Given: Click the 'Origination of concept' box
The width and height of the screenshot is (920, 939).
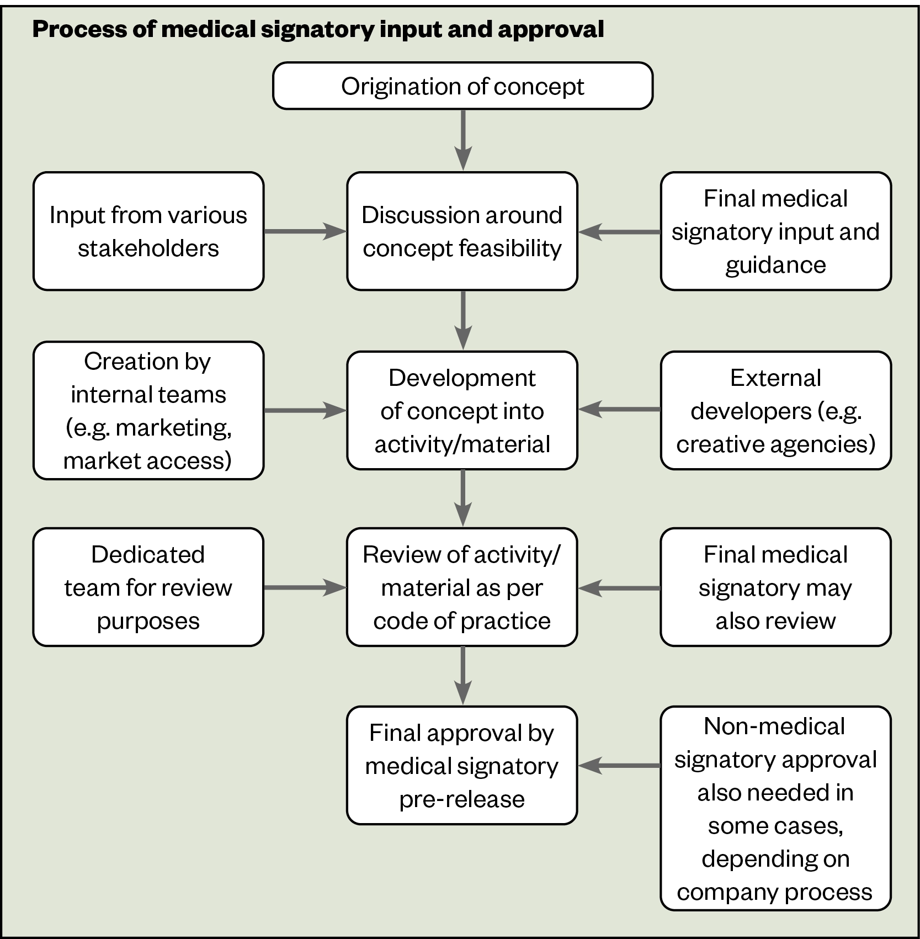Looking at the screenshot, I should pos(462,86).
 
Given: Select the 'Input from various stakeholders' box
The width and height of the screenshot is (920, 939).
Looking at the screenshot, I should pos(148,231).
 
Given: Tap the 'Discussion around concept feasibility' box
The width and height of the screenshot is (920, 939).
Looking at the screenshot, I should pos(462,231).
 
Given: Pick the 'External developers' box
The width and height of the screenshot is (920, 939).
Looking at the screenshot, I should pos(775,411).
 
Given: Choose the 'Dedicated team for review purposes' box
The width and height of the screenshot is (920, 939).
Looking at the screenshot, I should pos(148,587).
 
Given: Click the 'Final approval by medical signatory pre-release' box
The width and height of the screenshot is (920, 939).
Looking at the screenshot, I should pos(462,766).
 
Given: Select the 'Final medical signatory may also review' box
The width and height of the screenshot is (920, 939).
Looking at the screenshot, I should pos(775,587).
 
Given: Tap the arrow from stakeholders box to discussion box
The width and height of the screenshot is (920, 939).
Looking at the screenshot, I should pos(305,231).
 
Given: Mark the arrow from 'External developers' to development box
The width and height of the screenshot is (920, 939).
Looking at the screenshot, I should pos(619,410).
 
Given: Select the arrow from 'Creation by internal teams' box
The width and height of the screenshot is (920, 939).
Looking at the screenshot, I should pos(305,411).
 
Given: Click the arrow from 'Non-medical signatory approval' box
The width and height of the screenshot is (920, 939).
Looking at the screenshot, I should pos(619,766).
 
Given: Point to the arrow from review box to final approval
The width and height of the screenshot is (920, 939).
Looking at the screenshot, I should pos(462,676).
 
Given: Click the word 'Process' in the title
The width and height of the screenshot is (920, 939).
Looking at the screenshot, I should pos(79,29).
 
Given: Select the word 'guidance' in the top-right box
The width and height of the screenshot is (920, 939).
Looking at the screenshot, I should pos(775,266).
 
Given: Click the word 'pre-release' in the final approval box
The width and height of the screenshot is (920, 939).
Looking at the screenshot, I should pos(462,799).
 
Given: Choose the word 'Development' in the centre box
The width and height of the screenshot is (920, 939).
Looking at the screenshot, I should pos(462,378).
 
